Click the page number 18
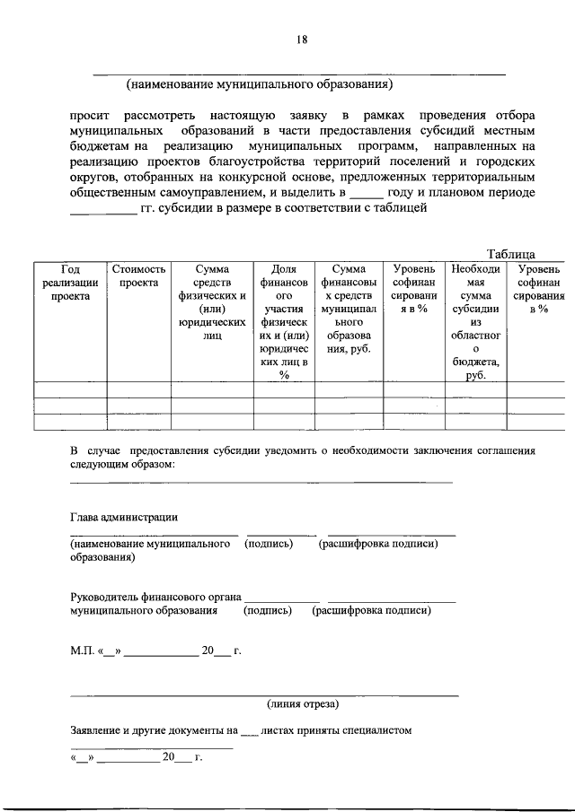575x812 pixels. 302,39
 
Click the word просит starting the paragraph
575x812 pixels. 91,117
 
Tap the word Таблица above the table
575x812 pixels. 511,254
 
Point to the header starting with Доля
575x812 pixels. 284,321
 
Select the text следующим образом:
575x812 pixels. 122,465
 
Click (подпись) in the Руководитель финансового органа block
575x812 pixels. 268,611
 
